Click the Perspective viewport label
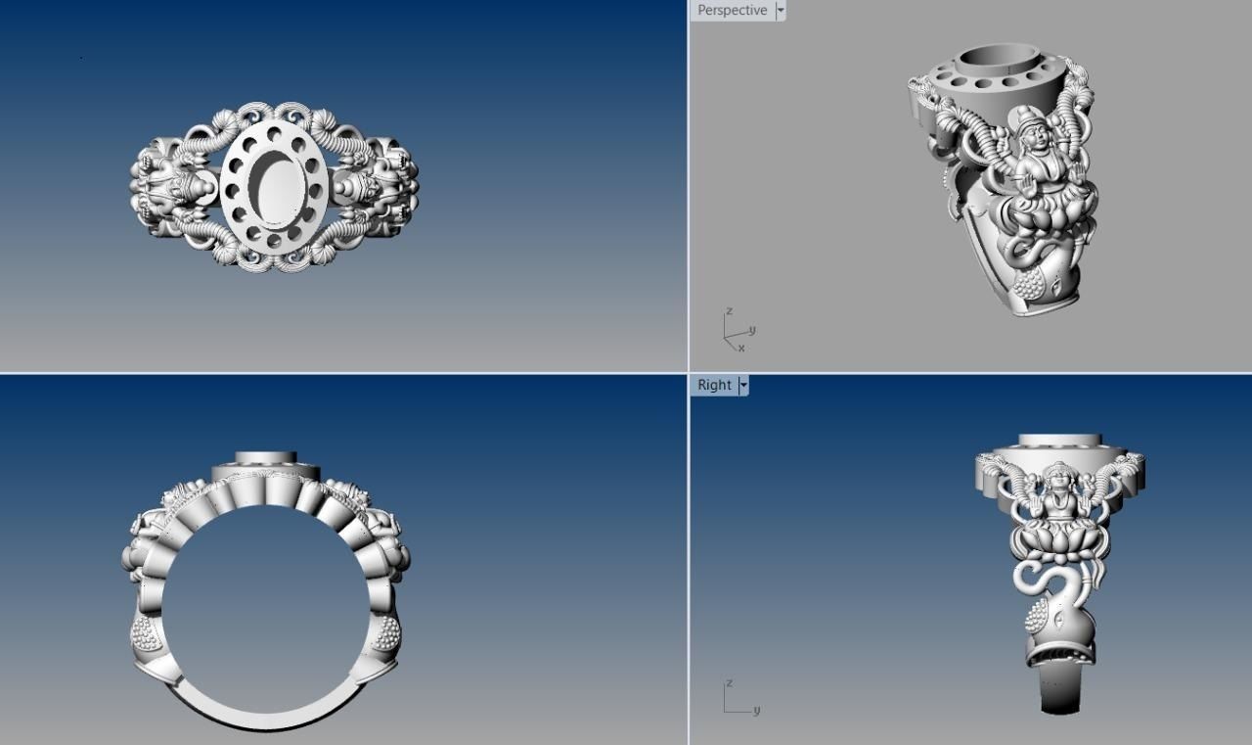click(732, 11)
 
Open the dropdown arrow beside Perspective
click(781, 11)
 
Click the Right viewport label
click(714, 385)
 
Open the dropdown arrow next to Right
click(743, 385)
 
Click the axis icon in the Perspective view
click(737, 331)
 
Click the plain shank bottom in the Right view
click(1060, 690)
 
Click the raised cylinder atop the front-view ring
click(266, 460)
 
